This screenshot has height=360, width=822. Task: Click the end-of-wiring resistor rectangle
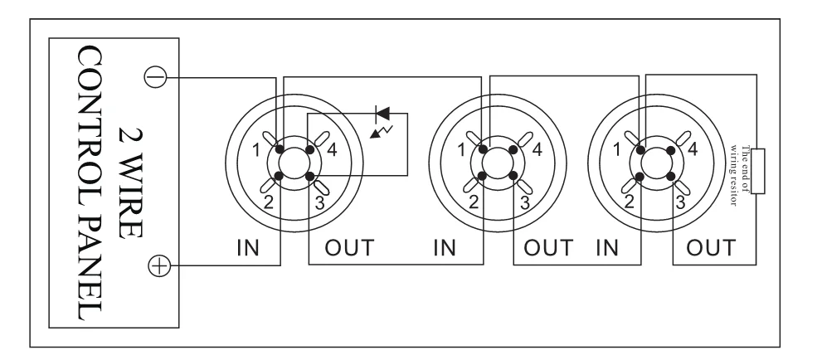pyautogui.click(x=757, y=171)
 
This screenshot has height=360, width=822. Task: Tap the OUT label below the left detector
pyautogui.click(x=348, y=246)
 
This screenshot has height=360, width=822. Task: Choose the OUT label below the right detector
pyautogui.click(x=713, y=246)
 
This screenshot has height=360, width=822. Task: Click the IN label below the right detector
pyautogui.click(x=609, y=246)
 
